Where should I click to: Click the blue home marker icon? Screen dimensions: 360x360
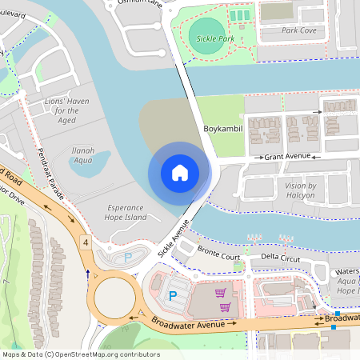[179, 173]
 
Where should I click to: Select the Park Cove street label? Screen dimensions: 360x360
[298, 30]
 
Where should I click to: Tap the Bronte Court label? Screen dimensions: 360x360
[218, 257]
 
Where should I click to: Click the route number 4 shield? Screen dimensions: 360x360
[84, 241]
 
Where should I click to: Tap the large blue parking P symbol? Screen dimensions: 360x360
[172, 296]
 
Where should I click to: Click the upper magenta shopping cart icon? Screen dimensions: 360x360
[220, 293]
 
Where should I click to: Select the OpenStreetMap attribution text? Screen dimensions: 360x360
[80, 354]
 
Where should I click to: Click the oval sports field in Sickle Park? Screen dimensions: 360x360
[207, 36]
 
